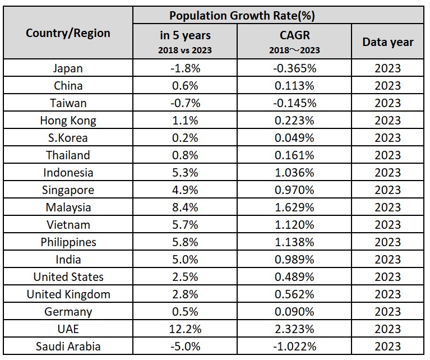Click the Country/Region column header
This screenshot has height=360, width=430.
68,33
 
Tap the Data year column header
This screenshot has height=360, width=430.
387,42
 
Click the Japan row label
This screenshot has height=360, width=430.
68,68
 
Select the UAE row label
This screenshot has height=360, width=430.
68,329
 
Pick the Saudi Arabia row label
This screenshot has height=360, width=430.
68,347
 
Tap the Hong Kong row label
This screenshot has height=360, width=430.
68,121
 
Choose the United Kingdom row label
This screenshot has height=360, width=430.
68,294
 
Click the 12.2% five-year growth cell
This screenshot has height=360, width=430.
186,329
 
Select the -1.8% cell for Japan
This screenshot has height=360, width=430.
186,68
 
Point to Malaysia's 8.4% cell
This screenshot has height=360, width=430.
186,207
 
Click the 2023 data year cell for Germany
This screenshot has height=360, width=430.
387,312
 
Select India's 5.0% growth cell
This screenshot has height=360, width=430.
186,260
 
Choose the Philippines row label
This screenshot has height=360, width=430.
68,242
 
